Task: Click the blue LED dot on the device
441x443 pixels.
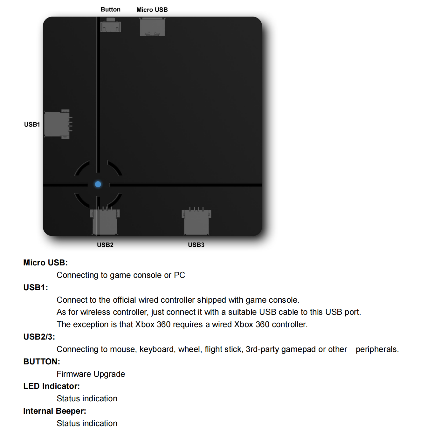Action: coord(98,184)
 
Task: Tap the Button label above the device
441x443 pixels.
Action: coord(110,10)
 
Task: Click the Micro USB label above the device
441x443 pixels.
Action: coord(152,10)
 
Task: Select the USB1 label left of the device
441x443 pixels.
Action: coord(32,124)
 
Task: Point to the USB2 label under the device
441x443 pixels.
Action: coord(105,245)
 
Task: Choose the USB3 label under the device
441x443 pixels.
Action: coord(196,245)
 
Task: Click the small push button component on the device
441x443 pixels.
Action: coord(111,25)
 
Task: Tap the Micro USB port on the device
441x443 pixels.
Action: coord(152,27)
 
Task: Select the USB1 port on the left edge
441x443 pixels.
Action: coord(58,124)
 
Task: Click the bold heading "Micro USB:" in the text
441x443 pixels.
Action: coord(45,263)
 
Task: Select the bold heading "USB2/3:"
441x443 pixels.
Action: coord(39,337)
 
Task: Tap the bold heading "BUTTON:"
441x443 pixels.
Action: coord(42,362)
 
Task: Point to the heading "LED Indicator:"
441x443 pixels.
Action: coord(52,386)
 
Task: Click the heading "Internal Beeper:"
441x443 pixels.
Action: coord(55,411)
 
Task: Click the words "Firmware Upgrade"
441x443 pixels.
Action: coord(91,374)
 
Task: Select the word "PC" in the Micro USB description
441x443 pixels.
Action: coord(179,275)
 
